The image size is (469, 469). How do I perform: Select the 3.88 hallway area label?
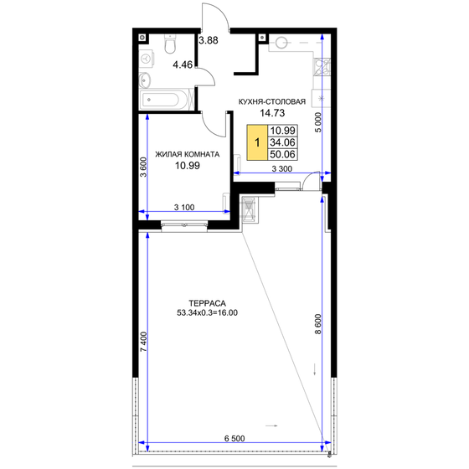click(208, 40)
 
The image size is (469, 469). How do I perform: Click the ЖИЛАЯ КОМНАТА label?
click(188, 155)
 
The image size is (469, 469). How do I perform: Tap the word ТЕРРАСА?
click(204, 303)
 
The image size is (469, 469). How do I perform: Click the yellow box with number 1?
click(257, 142)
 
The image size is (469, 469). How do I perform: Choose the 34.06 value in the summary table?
click(283, 142)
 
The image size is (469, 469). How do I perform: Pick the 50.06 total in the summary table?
click(283, 154)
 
